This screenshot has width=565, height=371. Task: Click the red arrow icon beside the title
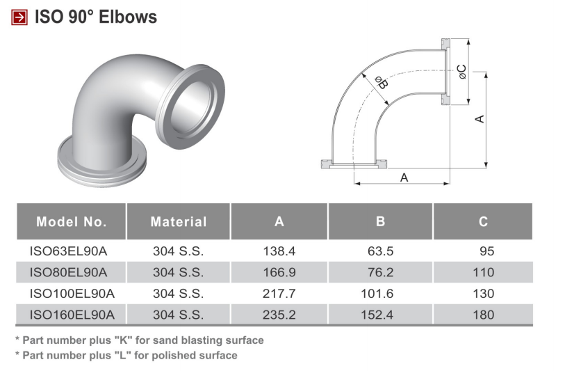(19, 17)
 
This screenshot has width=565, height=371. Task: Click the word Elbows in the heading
(128, 17)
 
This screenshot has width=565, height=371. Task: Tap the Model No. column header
(72, 221)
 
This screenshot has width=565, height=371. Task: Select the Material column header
(179, 221)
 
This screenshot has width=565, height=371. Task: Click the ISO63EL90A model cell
(69, 251)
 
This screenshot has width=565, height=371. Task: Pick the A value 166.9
(279, 272)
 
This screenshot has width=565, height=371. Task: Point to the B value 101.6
(377, 294)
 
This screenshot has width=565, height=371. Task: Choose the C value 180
(483, 315)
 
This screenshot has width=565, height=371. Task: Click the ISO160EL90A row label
(72, 315)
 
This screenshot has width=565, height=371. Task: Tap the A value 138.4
(279, 251)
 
